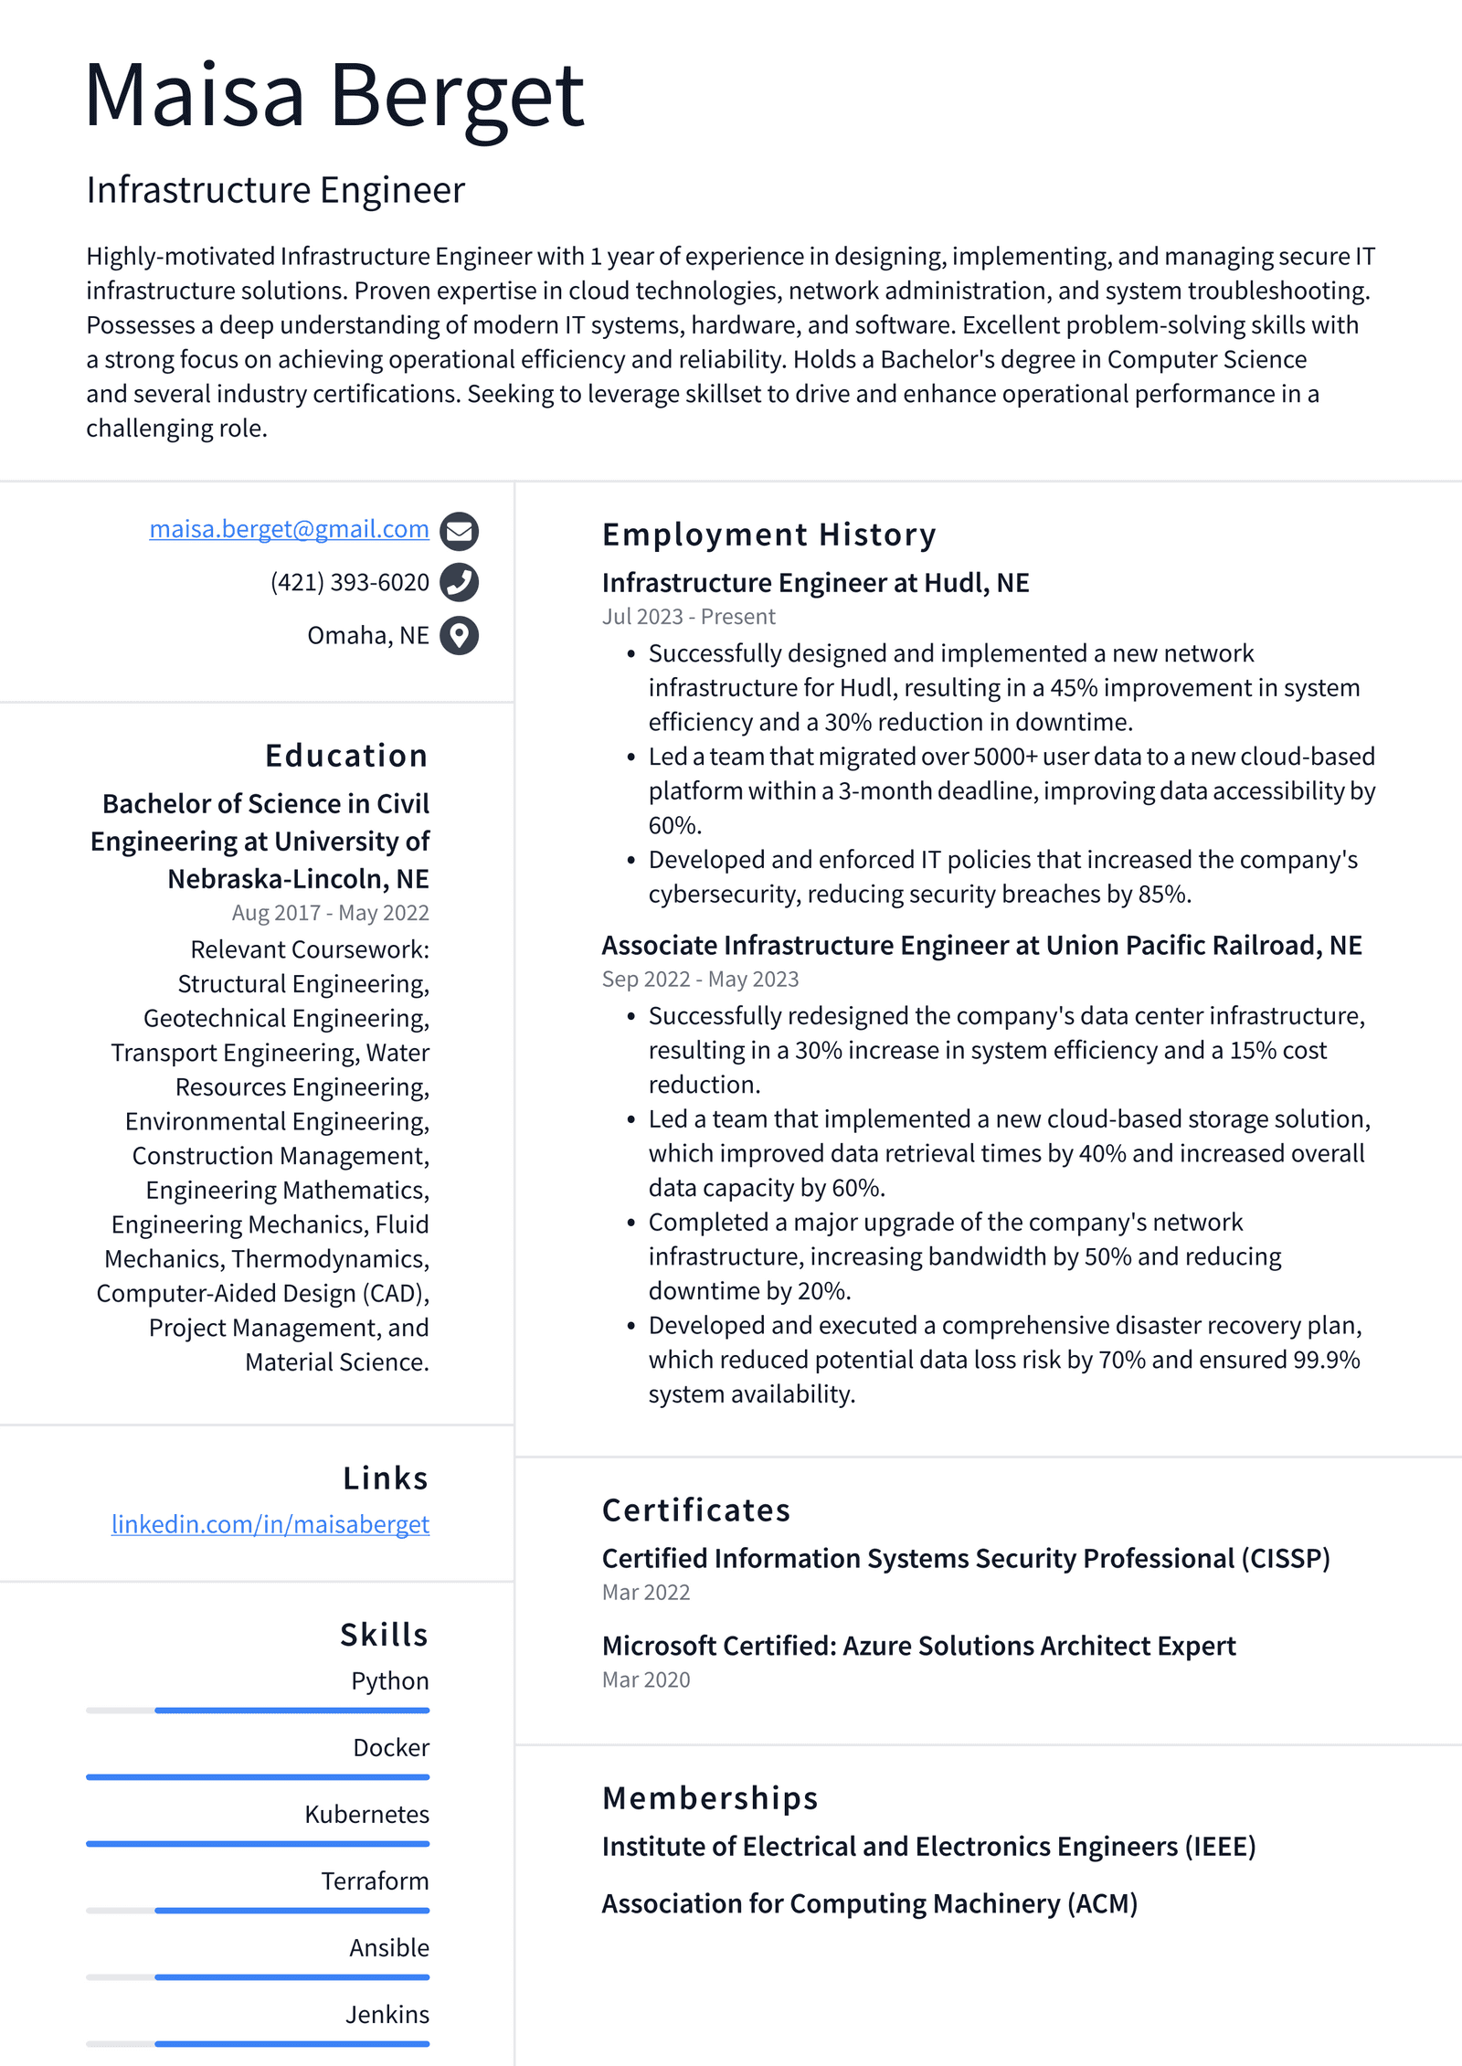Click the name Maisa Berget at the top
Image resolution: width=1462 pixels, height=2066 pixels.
334,96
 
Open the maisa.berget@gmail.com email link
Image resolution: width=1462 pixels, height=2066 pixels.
289,529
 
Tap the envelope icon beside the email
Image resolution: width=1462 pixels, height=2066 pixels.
459,531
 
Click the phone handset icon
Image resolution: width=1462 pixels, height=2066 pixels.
459,582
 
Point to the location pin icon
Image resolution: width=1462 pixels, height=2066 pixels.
459,635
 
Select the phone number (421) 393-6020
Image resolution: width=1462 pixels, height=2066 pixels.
349,582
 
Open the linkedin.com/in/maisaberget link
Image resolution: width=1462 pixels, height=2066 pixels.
270,1524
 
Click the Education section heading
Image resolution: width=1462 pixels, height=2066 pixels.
346,756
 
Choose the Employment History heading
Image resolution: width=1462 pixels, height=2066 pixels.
768,535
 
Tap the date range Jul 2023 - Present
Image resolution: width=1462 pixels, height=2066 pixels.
688,617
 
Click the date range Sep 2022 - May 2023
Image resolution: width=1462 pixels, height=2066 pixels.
700,979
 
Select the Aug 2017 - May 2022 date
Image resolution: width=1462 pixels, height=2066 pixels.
330,913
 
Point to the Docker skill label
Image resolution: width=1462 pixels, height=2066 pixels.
391,1747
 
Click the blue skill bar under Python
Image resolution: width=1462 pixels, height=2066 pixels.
291,1710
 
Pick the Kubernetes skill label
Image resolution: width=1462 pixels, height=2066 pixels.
366,1814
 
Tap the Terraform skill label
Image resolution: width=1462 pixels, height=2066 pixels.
375,1881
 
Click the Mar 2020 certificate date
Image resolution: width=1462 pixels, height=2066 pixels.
646,1679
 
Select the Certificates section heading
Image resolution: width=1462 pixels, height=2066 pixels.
695,1510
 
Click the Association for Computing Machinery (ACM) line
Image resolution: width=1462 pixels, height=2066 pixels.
869,1903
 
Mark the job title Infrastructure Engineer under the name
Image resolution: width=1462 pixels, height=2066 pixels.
275,190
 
